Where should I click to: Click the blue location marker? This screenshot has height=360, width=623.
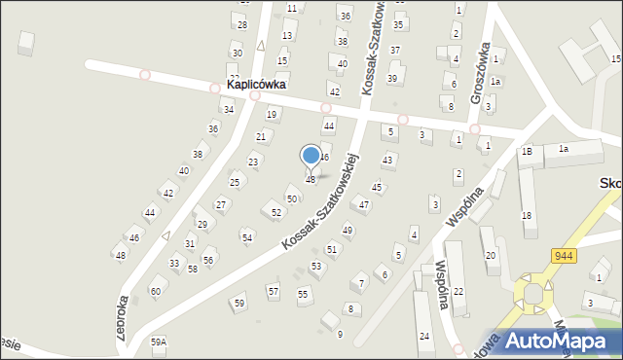click(x=311, y=156)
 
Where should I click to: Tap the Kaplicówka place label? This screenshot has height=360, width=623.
click(x=256, y=85)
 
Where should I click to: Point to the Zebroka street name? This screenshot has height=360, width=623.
click(x=122, y=317)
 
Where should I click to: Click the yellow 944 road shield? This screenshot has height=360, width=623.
click(x=562, y=255)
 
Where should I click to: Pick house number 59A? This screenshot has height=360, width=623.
click(x=159, y=342)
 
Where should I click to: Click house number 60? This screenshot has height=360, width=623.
click(x=155, y=291)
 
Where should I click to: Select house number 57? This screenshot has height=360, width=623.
click(x=274, y=291)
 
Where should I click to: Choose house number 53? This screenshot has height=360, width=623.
click(x=316, y=266)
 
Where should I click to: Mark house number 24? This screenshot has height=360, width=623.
click(x=424, y=336)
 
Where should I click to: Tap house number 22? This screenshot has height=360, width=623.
click(x=458, y=292)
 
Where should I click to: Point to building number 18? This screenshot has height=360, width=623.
click(x=527, y=216)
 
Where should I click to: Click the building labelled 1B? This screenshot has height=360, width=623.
click(x=527, y=151)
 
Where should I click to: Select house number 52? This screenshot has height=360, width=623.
click(x=276, y=212)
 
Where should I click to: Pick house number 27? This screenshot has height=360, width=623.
click(x=221, y=204)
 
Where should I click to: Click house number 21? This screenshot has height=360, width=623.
click(x=261, y=137)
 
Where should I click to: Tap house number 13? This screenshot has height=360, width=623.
click(x=287, y=36)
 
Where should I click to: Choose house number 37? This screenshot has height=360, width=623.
click(x=395, y=50)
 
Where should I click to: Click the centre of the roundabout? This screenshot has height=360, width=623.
click(x=533, y=295)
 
